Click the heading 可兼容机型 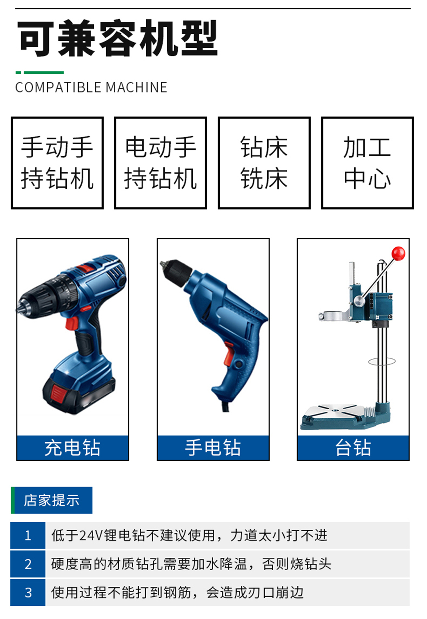[x=117, y=38]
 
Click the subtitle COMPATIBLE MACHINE [x=91, y=87]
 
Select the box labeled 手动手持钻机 [x=57, y=163]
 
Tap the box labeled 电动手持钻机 [x=161, y=163]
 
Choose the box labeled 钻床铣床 [x=264, y=163]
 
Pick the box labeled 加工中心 [x=367, y=163]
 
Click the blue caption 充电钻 [x=73, y=448]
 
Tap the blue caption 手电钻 [x=213, y=448]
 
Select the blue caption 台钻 [x=353, y=448]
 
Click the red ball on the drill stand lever [x=398, y=253]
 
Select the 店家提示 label [x=52, y=500]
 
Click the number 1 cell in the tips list [x=28, y=535]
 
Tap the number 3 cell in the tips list [x=28, y=593]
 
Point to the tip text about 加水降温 [x=191, y=564]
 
